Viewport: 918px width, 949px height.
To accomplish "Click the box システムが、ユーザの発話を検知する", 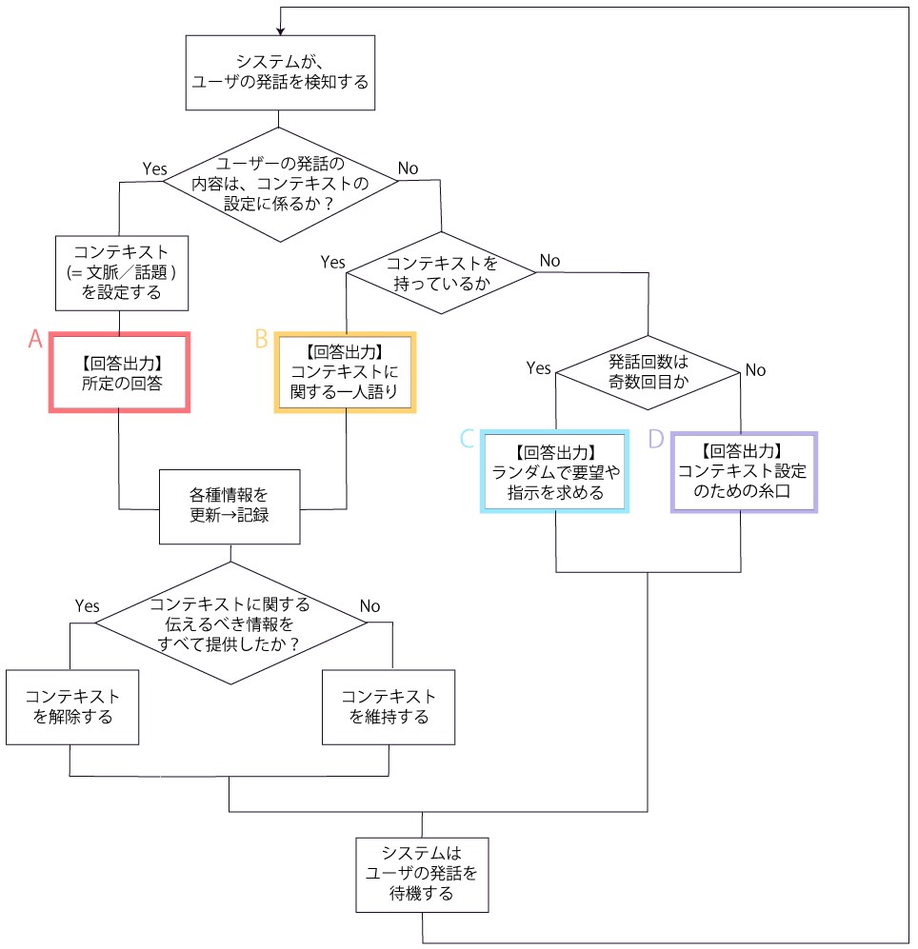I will click(x=279, y=70).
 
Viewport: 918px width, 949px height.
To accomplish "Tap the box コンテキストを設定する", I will click(x=118, y=273).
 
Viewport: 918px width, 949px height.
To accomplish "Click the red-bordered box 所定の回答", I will click(x=120, y=372).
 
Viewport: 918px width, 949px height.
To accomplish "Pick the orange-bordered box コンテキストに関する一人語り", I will click(x=345, y=372).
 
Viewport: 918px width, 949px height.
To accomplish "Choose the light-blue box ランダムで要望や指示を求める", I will click(x=556, y=472).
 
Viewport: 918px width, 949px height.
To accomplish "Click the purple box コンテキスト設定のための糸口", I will click(x=744, y=472).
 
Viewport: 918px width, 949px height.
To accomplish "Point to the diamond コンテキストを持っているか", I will click(x=441, y=272).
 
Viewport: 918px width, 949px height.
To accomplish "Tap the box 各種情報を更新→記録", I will click(x=229, y=506).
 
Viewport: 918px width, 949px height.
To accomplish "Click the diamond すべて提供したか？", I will click(x=230, y=623).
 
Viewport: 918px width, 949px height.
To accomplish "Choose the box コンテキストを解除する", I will click(x=71, y=707).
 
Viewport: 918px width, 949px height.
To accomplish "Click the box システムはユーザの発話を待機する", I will click(x=422, y=871).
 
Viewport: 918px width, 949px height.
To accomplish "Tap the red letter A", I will click(x=35, y=340).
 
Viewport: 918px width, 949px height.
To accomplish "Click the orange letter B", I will click(x=261, y=340).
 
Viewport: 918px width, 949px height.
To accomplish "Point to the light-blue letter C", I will click(x=467, y=438).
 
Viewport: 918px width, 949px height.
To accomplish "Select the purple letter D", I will click(x=655, y=438).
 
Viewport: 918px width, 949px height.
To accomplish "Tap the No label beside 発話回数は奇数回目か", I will click(x=755, y=370).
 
